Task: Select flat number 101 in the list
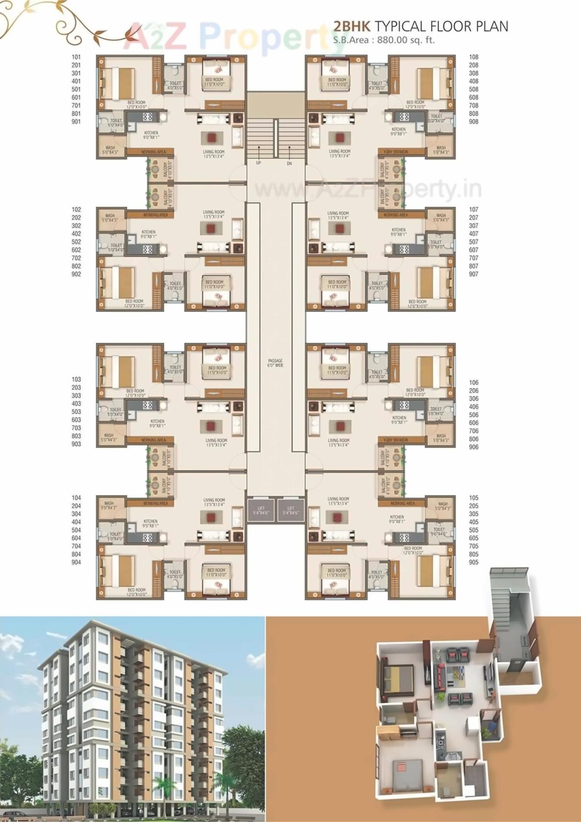76,57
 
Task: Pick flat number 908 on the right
473,122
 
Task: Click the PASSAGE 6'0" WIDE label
275,363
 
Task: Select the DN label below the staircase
289,163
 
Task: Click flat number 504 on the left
76,530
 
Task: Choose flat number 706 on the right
473,431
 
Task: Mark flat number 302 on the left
76,226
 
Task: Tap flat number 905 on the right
473,562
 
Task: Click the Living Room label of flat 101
213,154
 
